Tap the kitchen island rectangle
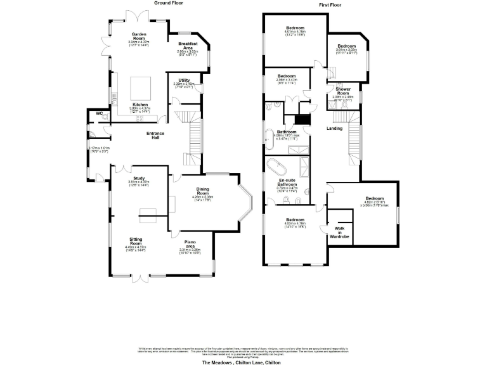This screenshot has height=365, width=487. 141,86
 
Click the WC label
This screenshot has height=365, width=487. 99,113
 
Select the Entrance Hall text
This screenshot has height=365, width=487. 156,136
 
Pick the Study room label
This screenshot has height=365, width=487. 140,178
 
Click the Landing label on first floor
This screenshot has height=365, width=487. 334,129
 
